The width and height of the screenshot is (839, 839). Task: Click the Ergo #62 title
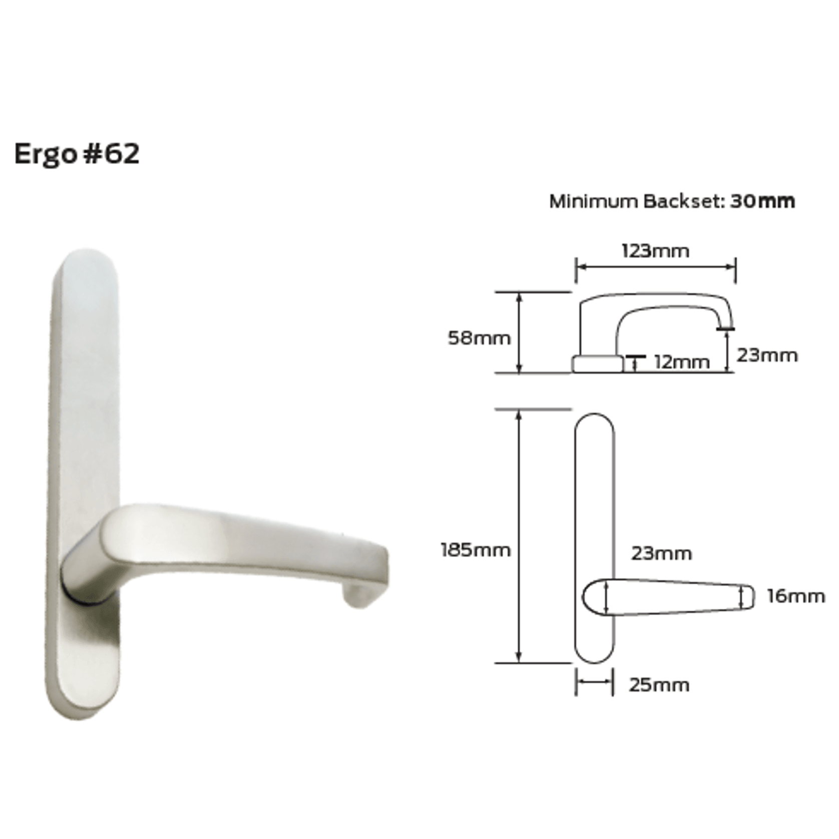coord(77,154)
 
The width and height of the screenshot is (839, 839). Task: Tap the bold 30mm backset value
coord(762,201)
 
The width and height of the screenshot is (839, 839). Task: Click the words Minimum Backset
coord(636,201)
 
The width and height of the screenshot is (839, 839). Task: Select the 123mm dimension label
coord(655,250)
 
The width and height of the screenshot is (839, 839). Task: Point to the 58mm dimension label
coord(479,338)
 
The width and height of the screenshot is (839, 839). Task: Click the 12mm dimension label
coord(682,362)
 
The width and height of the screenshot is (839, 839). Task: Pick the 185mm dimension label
coord(475,550)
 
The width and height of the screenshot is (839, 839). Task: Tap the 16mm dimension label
coord(796,596)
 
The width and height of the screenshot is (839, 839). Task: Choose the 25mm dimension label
coord(659,685)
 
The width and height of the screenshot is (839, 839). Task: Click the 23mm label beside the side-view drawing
coord(767,355)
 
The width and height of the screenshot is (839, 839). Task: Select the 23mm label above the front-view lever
coord(661,553)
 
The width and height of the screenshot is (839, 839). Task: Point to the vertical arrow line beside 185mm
coord(519,536)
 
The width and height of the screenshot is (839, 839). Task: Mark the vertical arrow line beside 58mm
coord(519,333)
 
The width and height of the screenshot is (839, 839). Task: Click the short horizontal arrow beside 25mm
coord(594,681)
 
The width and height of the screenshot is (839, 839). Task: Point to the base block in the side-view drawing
coord(597,364)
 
